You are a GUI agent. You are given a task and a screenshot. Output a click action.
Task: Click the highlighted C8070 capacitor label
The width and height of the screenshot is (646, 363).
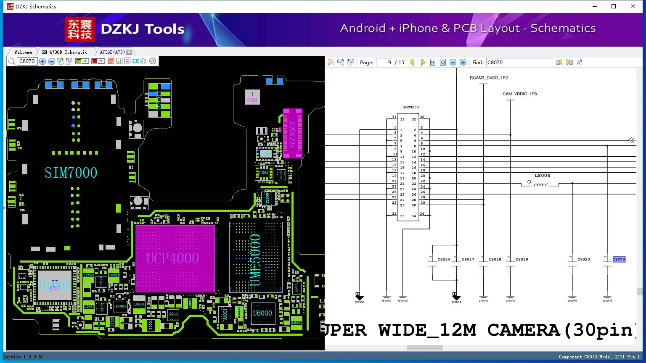619,259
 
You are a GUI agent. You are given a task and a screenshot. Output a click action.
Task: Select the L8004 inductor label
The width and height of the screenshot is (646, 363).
542,176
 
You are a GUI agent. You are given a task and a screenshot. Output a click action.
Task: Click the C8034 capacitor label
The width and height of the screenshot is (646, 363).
444,259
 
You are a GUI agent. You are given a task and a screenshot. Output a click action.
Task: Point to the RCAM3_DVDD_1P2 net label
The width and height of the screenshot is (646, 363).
489,78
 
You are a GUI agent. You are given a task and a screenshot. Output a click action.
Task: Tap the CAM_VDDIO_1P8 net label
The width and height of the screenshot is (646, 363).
519,94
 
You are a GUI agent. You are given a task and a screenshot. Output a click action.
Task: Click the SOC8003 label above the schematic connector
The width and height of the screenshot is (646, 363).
411,107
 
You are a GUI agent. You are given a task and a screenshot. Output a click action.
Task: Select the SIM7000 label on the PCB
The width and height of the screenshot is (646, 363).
71,173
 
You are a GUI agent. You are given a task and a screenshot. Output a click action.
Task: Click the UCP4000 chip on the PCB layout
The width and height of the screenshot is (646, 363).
175,258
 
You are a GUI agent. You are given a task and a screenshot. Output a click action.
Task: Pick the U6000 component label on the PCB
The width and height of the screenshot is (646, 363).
262,313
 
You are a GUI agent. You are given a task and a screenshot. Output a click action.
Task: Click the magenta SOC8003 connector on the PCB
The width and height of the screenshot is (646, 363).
293,134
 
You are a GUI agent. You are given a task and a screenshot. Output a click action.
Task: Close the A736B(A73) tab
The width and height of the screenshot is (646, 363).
129,52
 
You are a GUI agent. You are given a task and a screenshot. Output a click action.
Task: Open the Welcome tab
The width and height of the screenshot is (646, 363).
23,52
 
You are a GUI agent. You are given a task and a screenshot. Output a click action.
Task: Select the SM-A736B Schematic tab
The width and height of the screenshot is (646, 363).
64,52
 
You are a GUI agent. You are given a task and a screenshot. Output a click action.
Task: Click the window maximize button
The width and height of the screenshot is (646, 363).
614,6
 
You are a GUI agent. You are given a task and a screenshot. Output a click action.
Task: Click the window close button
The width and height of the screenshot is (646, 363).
633,6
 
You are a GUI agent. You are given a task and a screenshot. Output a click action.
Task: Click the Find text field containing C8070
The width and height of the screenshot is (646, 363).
519,62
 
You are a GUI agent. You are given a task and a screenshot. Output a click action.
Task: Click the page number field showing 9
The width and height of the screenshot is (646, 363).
384,62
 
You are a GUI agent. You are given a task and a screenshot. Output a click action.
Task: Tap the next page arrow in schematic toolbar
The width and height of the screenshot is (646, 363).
423,62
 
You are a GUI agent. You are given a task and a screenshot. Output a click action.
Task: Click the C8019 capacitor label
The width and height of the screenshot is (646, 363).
522,259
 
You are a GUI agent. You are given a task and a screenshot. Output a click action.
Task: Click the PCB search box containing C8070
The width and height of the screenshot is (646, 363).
27,61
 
